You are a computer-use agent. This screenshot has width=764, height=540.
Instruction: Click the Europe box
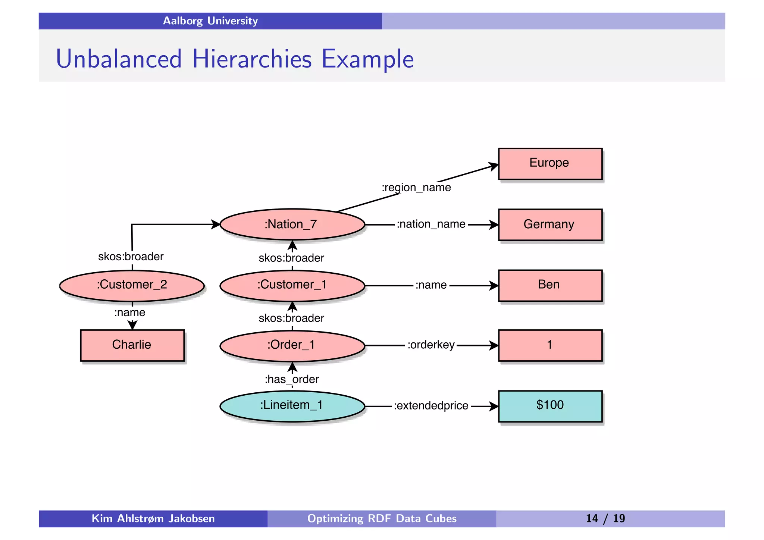pos(550,164)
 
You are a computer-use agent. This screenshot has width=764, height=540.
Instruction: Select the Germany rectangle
pos(550,225)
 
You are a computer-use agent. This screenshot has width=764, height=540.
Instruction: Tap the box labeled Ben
pos(550,285)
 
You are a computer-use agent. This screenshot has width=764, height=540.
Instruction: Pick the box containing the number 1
pos(550,345)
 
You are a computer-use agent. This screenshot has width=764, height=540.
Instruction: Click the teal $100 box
pos(550,406)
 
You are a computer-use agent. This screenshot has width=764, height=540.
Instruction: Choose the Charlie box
pos(132,345)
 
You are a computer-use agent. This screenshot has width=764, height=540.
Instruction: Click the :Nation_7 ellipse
pos(292,225)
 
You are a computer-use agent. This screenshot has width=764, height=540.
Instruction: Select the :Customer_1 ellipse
pos(292,285)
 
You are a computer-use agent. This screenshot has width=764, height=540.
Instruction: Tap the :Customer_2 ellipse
pos(132,285)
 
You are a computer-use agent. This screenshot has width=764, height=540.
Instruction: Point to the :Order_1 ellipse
pos(292,345)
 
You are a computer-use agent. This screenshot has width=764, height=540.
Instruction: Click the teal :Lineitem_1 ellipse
pos(292,406)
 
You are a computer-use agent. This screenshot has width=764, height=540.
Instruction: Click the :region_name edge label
pos(416,188)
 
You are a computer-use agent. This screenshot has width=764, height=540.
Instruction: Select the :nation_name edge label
pos(431,224)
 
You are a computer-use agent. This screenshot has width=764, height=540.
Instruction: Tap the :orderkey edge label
pos(431,345)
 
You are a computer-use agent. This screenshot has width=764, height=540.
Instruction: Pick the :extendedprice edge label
pos(431,406)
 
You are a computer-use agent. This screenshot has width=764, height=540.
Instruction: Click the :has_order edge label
pos(292,380)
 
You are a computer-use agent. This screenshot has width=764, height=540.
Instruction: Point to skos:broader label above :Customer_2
pos(131,257)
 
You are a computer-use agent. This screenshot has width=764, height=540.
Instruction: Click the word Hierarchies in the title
pos(252,59)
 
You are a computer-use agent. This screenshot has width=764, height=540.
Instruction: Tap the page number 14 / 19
pos(605,519)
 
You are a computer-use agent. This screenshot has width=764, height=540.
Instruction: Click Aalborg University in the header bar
pos(210,21)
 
